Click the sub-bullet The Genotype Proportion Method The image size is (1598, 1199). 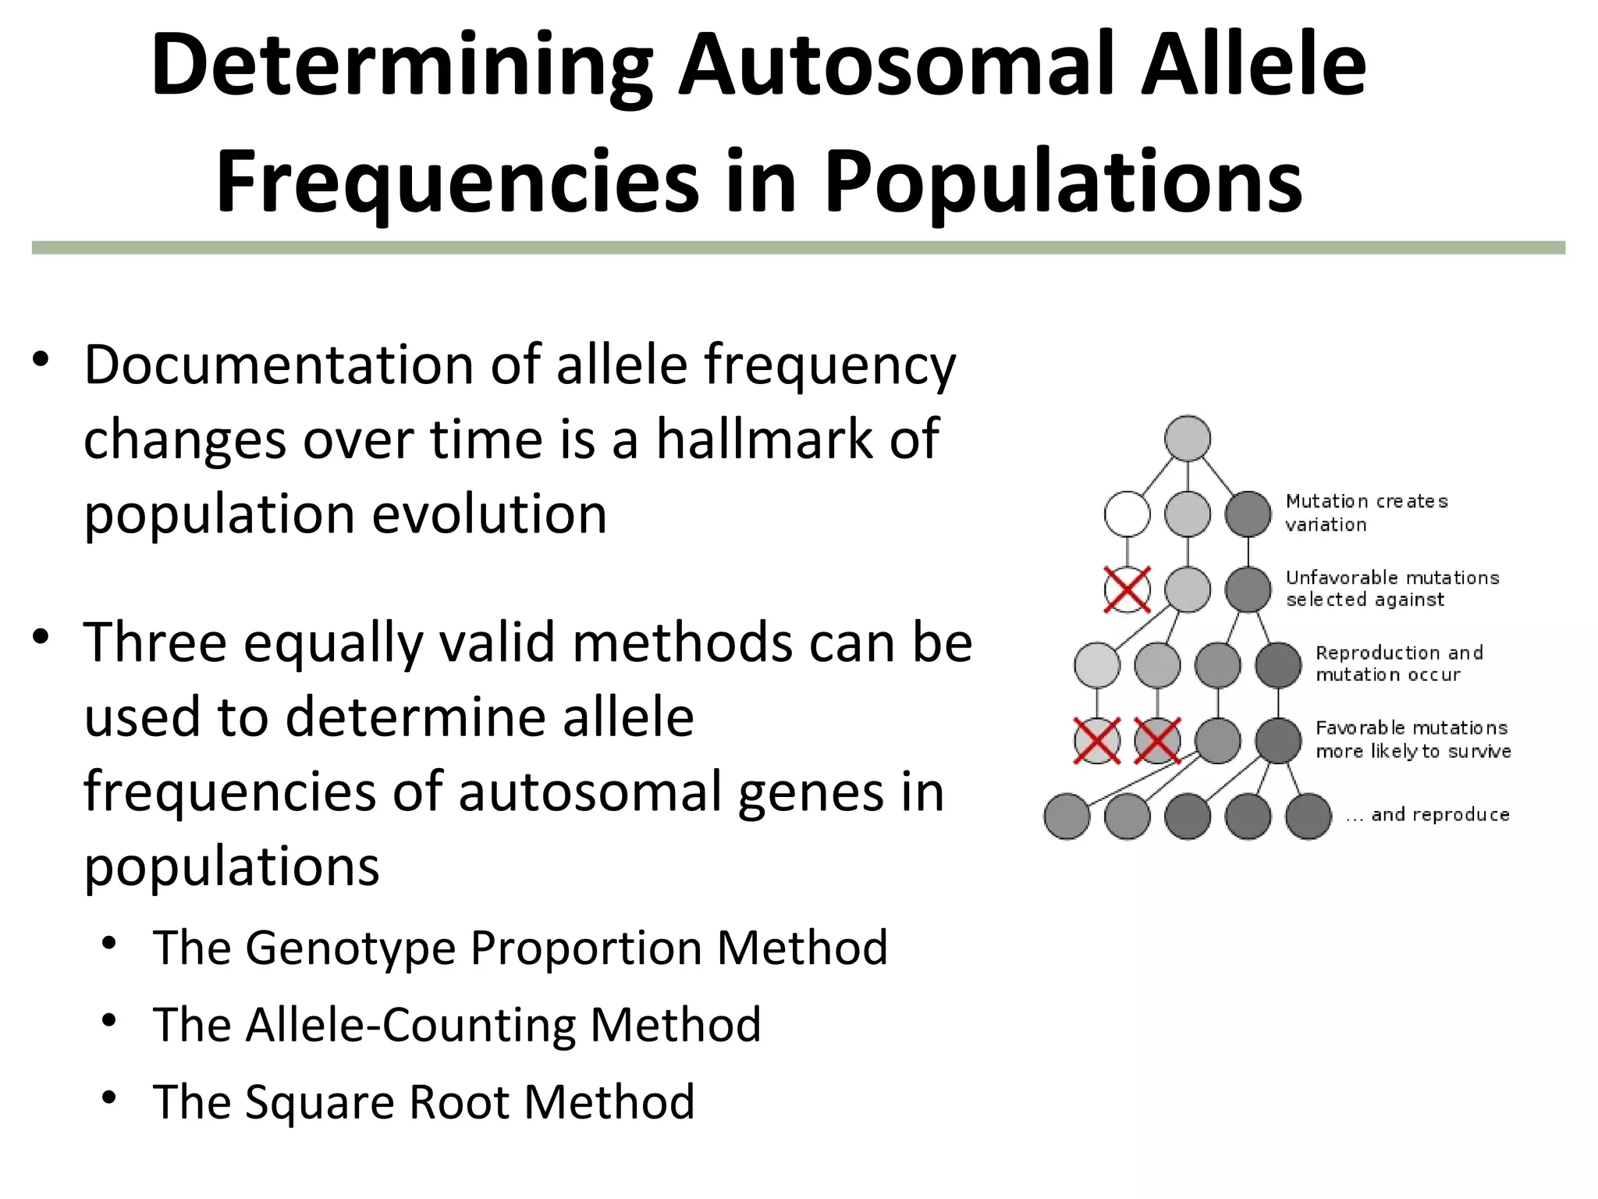520,948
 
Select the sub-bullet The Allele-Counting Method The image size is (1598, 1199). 456,1025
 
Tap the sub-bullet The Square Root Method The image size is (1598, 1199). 424,1102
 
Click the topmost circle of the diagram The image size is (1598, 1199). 1188,438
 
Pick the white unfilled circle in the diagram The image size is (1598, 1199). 1127,514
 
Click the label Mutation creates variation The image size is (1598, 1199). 1365,513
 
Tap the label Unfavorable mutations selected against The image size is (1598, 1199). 1392,589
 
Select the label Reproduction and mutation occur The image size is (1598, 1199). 1398,664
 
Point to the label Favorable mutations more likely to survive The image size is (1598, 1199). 1412,739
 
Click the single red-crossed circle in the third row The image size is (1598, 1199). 1127,589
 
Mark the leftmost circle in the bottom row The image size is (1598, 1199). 1067,817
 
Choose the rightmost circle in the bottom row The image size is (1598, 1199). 1309,817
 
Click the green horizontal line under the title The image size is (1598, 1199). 797,247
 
